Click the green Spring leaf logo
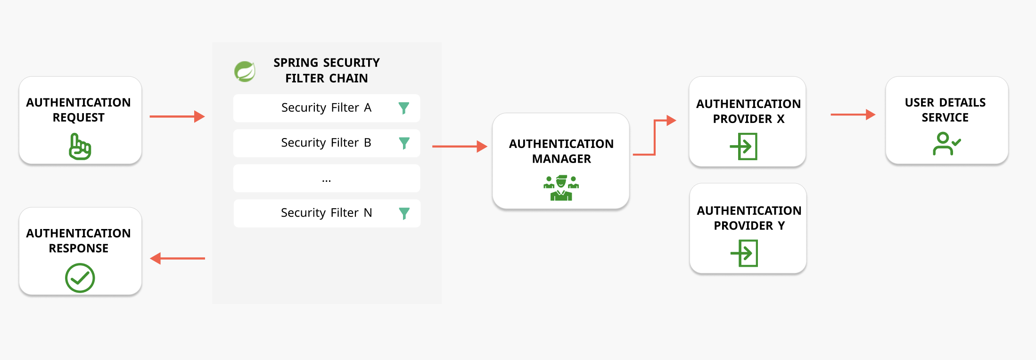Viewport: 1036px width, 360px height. coord(245,72)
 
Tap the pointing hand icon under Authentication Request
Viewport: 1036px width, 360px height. coord(80,147)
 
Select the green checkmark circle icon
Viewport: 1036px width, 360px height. coord(80,278)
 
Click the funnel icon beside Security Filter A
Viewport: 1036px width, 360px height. coord(403,108)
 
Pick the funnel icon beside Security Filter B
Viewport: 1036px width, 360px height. coord(404,143)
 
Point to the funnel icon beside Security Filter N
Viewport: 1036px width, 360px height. coord(404,213)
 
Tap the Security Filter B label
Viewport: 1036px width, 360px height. coord(326,143)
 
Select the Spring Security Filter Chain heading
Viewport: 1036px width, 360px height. coord(326,70)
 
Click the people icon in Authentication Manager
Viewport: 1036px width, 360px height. coord(561,188)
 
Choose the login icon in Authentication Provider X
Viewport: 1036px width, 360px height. coord(744,146)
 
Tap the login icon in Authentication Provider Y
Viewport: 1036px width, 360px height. coord(745,253)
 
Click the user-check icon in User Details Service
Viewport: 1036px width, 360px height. coord(946,144)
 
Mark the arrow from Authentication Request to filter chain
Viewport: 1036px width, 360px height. coord(177,116)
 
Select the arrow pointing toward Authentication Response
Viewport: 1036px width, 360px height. coord(177,258)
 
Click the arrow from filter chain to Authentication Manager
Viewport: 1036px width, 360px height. coord(460,147)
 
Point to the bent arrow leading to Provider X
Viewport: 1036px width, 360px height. coord(655,137)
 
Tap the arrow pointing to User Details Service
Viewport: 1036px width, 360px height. coord(853,115)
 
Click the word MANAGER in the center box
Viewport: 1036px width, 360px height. coord(561,159)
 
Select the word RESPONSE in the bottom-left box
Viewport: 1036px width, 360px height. coord(79,248)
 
